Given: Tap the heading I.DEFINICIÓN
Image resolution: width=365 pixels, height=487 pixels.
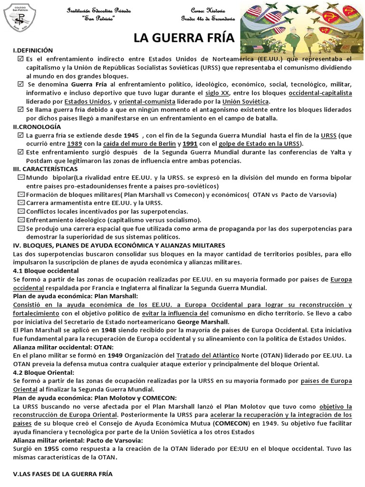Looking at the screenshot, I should (x=33, y=50).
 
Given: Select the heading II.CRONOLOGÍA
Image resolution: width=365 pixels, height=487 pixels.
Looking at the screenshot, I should (x=37, y=127).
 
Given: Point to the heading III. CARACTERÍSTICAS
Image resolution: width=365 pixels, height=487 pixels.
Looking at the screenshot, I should (x=46, y=169).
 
